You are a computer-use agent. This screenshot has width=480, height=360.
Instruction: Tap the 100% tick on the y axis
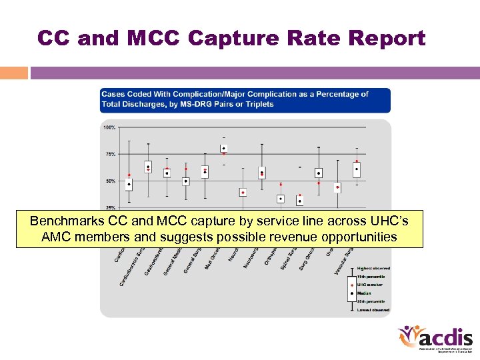(x=109, y=127)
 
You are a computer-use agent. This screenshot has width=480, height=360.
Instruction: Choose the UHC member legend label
(x=370, y=285)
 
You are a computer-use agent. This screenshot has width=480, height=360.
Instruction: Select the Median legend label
(x=365, y=293)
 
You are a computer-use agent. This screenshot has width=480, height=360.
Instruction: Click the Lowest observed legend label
(x=373, y=310)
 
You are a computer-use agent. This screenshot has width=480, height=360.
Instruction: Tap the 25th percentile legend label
(x=372, y=301)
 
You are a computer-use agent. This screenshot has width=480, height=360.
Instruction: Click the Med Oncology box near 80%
(x=224, y=148)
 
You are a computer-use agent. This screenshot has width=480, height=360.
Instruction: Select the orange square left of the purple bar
(x=13, y=73)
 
